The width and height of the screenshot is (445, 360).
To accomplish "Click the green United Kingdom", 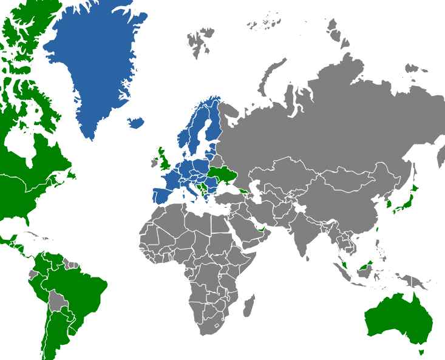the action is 164,161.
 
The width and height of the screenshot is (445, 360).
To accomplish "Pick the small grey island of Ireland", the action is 154,163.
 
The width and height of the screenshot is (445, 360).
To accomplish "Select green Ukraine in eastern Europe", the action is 222,176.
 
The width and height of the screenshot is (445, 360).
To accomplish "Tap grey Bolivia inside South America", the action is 58,301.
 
